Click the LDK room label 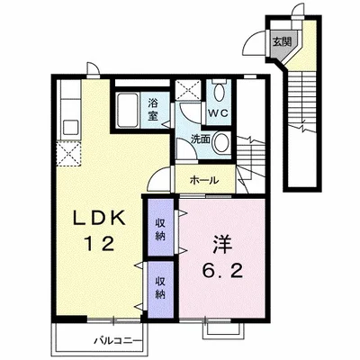click(100, 218)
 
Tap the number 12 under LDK click(100, 243)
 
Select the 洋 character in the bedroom click(222, 244)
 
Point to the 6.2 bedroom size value click(222, 271)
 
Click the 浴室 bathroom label click(153, 110)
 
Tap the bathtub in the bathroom click(127, 110)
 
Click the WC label click(219, 113)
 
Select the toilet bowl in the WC click(219, 92)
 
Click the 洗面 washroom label click(201, 139)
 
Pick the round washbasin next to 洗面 click(221, 142)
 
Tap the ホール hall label click(204, 180)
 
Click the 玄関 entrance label click(282, 41)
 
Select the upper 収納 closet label click(160, 229)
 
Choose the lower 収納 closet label click(160, 288)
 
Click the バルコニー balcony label click(118, 341)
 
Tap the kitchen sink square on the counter click(71, 127)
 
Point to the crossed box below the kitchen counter click(68, 154)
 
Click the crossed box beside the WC click(188, 90)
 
